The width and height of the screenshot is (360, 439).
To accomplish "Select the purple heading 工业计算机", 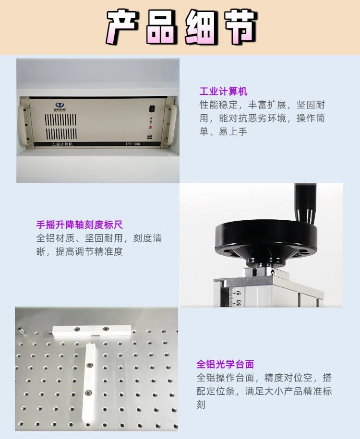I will [223, 92].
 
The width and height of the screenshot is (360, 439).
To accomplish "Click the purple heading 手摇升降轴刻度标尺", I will [80, 224].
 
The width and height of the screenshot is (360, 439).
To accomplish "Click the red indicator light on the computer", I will [152, 127].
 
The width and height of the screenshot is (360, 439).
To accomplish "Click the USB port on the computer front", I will [152, 136].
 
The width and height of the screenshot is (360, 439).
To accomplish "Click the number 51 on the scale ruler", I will [239, 292].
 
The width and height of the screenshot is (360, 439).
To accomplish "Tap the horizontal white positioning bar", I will [92, 330].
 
